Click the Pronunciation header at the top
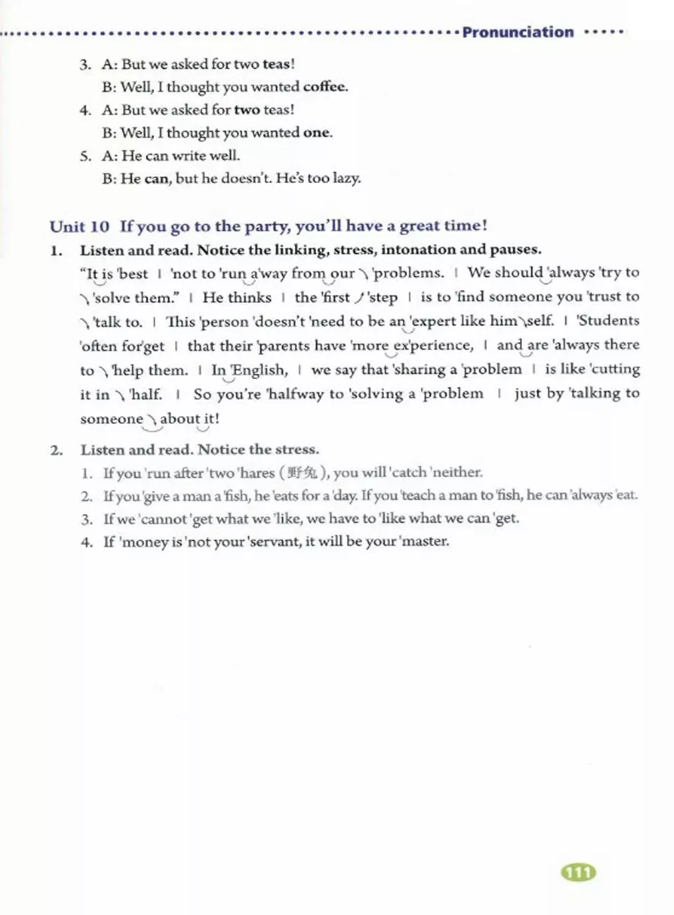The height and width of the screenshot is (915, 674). (x=517, y=32)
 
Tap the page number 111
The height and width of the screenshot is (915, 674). (x=578, y=873)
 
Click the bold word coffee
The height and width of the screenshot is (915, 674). (x=325, y=87)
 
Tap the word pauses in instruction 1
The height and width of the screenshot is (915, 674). (x=517, y=249)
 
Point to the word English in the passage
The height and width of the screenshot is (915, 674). (x=259, y=370)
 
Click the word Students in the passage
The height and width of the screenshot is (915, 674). (x=608, y=321)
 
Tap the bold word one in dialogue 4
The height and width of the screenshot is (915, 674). (x=317, y=133)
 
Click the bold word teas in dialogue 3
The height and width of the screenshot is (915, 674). (x=276, y=65)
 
